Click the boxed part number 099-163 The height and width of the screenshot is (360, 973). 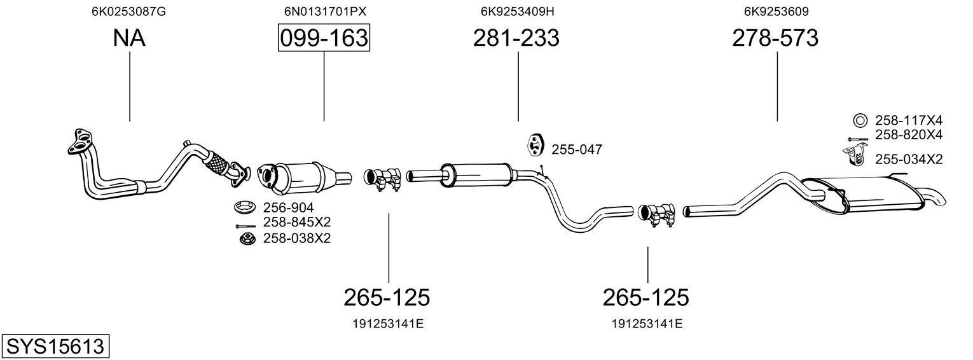(x=324, y=38)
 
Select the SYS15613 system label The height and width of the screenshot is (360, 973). (x=55, y=347)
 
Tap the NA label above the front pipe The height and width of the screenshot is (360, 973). (x=129, y=38)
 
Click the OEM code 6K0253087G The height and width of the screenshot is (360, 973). (x=128, y=11)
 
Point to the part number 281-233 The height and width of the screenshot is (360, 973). (x=516, y=38)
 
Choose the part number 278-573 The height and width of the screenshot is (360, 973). (x=775, y=38)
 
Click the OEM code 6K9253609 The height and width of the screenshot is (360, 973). (x=776, y=11)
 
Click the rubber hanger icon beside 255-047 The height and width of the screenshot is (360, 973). (x=536, y=146)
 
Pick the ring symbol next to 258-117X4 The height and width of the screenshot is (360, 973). (x=860, y=120)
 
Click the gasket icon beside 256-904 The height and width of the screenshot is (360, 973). (x=244, y=207)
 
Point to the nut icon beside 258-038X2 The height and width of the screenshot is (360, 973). (x=247, y=239)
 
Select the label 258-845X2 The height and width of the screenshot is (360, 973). (x=297, y=223)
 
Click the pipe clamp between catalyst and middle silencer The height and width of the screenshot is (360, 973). (x=382, y=179)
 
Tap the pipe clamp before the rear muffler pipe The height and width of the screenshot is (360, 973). (x=657, y=214)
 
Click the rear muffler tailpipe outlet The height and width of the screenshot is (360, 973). (x=934, y=198)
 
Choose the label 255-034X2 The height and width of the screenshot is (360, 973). (x=909, y=160)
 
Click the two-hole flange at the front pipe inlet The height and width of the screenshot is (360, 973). (x=79, y=141)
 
